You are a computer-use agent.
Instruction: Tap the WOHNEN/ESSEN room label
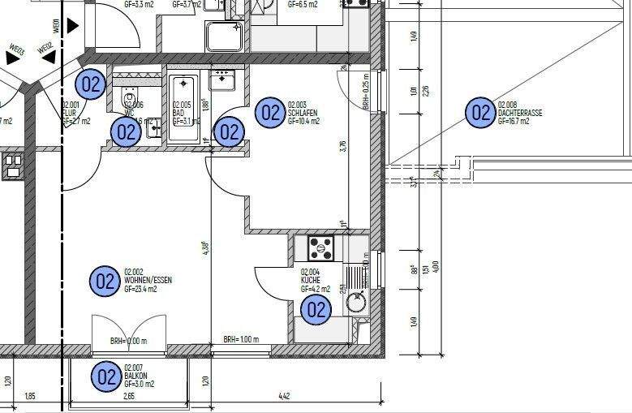[148, 280]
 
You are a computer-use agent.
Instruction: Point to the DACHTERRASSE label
[520, 113]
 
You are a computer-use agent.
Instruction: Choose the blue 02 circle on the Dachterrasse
[479, 113]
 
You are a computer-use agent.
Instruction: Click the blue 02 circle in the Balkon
[106, 376]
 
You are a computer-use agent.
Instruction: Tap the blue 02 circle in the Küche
[316, 308]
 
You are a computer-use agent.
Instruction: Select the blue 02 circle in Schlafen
[269, 113]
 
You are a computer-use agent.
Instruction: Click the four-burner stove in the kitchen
[320, 246]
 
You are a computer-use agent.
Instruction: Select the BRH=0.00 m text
[128, 342]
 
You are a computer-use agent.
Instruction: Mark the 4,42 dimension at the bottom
[284, 396]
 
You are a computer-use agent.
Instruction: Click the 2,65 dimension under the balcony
[128, 396]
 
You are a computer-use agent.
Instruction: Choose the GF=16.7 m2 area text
[514, 121]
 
